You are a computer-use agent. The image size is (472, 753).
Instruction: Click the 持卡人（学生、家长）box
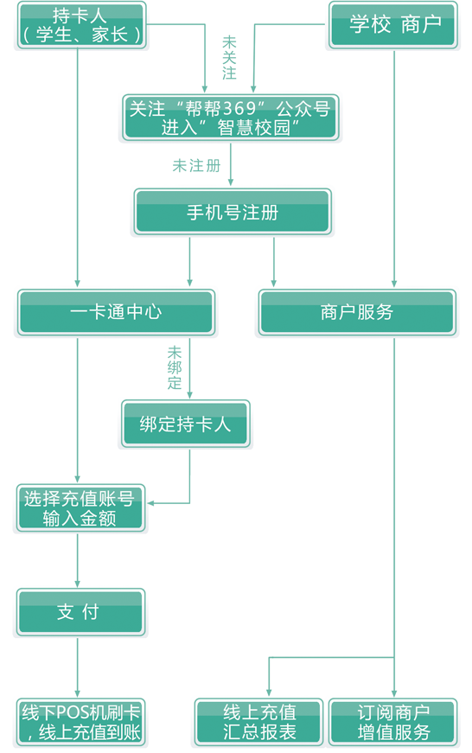pos(81,25)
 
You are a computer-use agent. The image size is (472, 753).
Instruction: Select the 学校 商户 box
pos(393,25)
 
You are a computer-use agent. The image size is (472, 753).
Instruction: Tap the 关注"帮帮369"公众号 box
pos(231,118)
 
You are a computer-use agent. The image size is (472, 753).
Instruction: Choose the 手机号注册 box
pos(233,212)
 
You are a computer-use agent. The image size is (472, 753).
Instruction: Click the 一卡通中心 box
pos(116,313)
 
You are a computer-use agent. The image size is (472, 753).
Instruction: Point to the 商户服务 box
pos(357,313)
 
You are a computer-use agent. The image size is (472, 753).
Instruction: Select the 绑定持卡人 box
pos(185,424)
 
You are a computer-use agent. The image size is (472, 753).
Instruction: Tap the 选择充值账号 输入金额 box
pos(80,508)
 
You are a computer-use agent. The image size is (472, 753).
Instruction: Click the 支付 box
pos(80,612)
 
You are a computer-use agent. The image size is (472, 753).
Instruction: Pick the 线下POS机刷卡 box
pos(80,722)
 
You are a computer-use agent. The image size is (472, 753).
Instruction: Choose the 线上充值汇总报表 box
pos(258,722)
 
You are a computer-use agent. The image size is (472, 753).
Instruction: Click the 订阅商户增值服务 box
pos(393,722)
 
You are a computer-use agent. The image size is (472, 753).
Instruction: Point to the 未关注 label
pos(230,58)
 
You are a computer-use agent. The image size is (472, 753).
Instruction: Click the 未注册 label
pos(196,166)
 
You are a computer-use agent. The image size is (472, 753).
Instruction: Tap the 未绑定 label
pos(175,368)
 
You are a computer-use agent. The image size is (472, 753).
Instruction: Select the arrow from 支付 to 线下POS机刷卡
pos(77,667)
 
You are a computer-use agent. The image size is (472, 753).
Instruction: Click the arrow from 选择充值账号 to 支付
pos(77,560)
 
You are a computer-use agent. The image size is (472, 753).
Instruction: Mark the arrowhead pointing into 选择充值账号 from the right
pos(150,503)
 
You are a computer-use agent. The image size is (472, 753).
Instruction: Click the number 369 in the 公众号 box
pos(240,109)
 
